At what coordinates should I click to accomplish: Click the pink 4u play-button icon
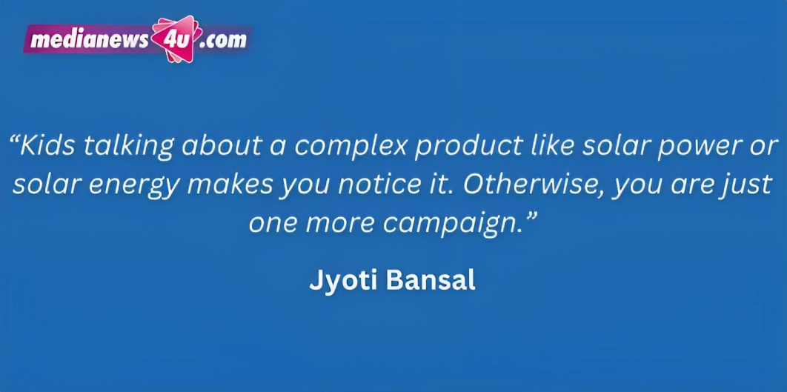(176, 39)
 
